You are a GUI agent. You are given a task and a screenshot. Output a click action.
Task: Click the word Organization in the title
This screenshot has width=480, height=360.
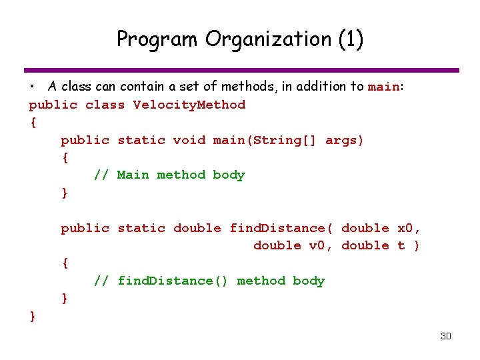click(x=267, y=39)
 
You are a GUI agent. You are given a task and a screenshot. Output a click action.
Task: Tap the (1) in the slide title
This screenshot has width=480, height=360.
click(x=351, y=39)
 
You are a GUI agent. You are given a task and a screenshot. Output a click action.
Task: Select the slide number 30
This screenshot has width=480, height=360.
click(x=446, y=336)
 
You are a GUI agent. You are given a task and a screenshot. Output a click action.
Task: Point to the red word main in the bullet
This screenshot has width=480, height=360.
click(x=383, y=87)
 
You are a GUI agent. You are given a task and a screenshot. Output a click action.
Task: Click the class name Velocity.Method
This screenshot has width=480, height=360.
click(x=189, y=105)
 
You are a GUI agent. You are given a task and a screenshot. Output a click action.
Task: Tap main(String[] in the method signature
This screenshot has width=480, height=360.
click(x=265, y=140)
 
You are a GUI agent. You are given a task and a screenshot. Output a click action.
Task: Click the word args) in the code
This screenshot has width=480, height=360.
click(x=345, y=140)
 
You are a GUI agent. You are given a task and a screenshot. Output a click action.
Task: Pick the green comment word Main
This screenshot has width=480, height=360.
click(x=133, y=175)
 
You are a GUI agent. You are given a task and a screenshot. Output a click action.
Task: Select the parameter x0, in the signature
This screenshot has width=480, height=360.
click(x=409, y=228)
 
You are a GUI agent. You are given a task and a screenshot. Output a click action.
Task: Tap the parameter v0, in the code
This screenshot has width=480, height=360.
click(x=321, y=245)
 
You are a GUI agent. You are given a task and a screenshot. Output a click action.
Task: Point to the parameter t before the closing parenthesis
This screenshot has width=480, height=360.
click(x=401, y=245)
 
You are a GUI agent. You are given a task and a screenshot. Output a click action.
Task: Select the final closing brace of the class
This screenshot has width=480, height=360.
click(x=33, y=315)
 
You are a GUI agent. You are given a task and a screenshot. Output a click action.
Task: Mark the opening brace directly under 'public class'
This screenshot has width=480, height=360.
click(x=33, y=122)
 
